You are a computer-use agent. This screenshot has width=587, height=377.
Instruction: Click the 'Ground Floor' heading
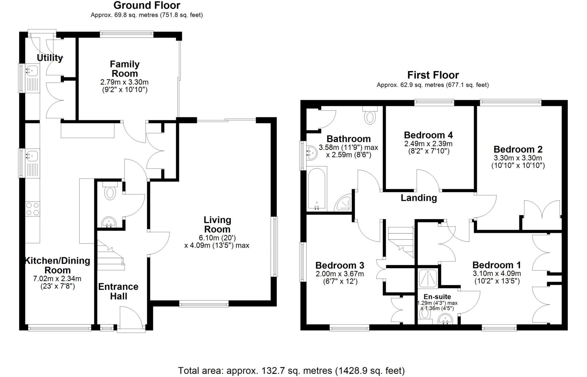(147, 5)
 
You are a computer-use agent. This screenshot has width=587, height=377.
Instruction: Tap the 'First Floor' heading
(433, 75)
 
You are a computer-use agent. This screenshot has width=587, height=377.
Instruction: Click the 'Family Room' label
(125, 68)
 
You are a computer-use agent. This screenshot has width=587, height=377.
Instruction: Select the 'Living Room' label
(217, 224)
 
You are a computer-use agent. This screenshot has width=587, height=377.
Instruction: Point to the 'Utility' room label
(50, 58)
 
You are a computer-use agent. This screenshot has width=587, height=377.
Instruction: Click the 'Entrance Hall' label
(118, 291)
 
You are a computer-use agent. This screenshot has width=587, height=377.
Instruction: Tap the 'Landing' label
(418, 198)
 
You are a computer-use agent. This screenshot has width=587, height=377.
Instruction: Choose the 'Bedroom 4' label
(428, 135)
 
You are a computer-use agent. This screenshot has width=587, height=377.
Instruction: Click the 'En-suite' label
(437, 297)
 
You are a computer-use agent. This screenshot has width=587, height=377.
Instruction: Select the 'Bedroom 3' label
(340, 265)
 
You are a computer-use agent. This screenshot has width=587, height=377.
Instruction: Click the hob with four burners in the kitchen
(32, 209)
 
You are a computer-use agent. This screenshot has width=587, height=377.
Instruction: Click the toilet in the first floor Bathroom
(370, 116)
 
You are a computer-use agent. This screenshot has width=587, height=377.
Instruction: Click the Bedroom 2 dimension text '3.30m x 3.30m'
(518, 158)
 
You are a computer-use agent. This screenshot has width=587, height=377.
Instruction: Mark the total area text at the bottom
(291, 370)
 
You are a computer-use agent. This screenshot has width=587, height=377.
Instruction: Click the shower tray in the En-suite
(428, 278)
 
